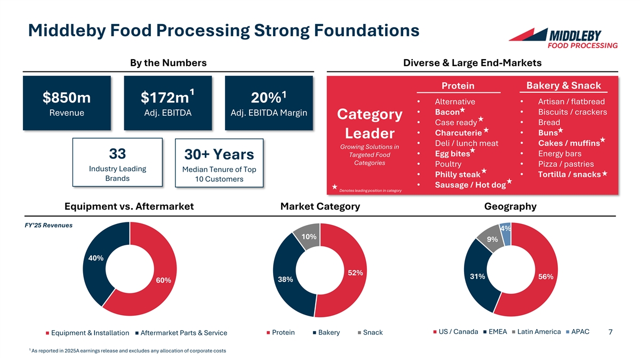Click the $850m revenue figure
pyautogui.click(x=66, y=99)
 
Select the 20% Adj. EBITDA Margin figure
pyautogui.click(x=268, y=99)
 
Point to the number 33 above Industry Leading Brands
pyautogui.click(x=117, y=154)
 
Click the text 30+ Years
pyautogui.click(x=219, y=155)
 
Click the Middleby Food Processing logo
pyautogui.click(x=563, y=37)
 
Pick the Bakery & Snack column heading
pyautogui.click(x=563, y=86)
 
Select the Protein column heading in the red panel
pyautogui.click(x=458, y=86)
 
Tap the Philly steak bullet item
pyautogui.click(x=458, y=175)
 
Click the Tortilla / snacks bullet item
pyautogui.click(x=569, y=175)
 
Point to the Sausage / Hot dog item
pyautogui.click(x=470, y=185)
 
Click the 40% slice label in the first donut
pyautogui.click(x=95, y=258)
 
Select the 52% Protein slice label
pyautogui.click(x=355, y=273)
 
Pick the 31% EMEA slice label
pyautogui.click(x=477, y=276)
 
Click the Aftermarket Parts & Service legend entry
pyautogui.click(x=181, y=333)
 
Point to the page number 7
pyautogui.click(x=610, y=333)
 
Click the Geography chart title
pyautogui.click(x=510, y=206)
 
